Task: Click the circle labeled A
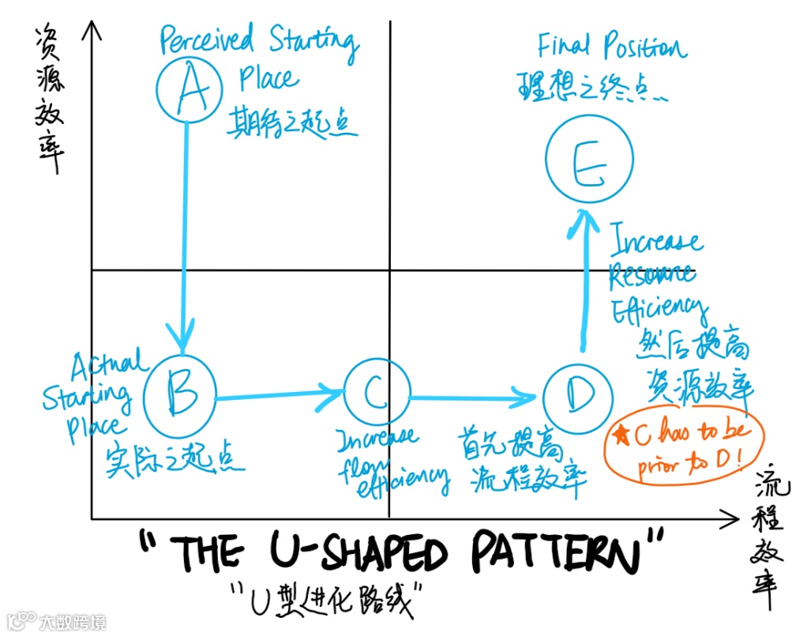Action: click(x=187, y=89)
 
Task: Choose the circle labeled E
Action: click(x=588, y=164)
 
